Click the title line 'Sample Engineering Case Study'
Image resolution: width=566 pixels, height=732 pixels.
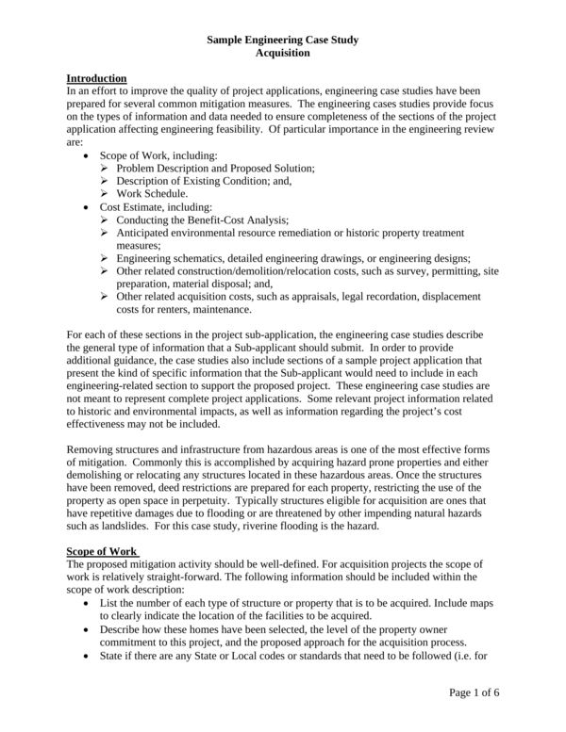283,41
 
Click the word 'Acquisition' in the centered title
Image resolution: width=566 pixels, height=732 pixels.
283,54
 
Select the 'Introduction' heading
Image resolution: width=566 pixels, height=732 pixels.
97,77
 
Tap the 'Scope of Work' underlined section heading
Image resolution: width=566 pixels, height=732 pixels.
103,550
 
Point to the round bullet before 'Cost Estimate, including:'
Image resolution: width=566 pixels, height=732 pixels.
88,206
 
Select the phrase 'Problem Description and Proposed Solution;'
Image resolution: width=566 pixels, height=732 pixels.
215,168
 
